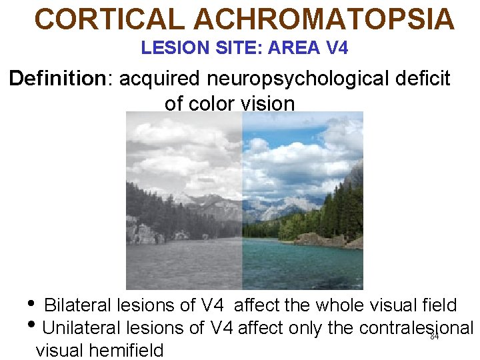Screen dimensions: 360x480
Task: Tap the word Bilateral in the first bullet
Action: click(77, 305)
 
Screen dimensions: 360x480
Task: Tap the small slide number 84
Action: click(434, 337)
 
